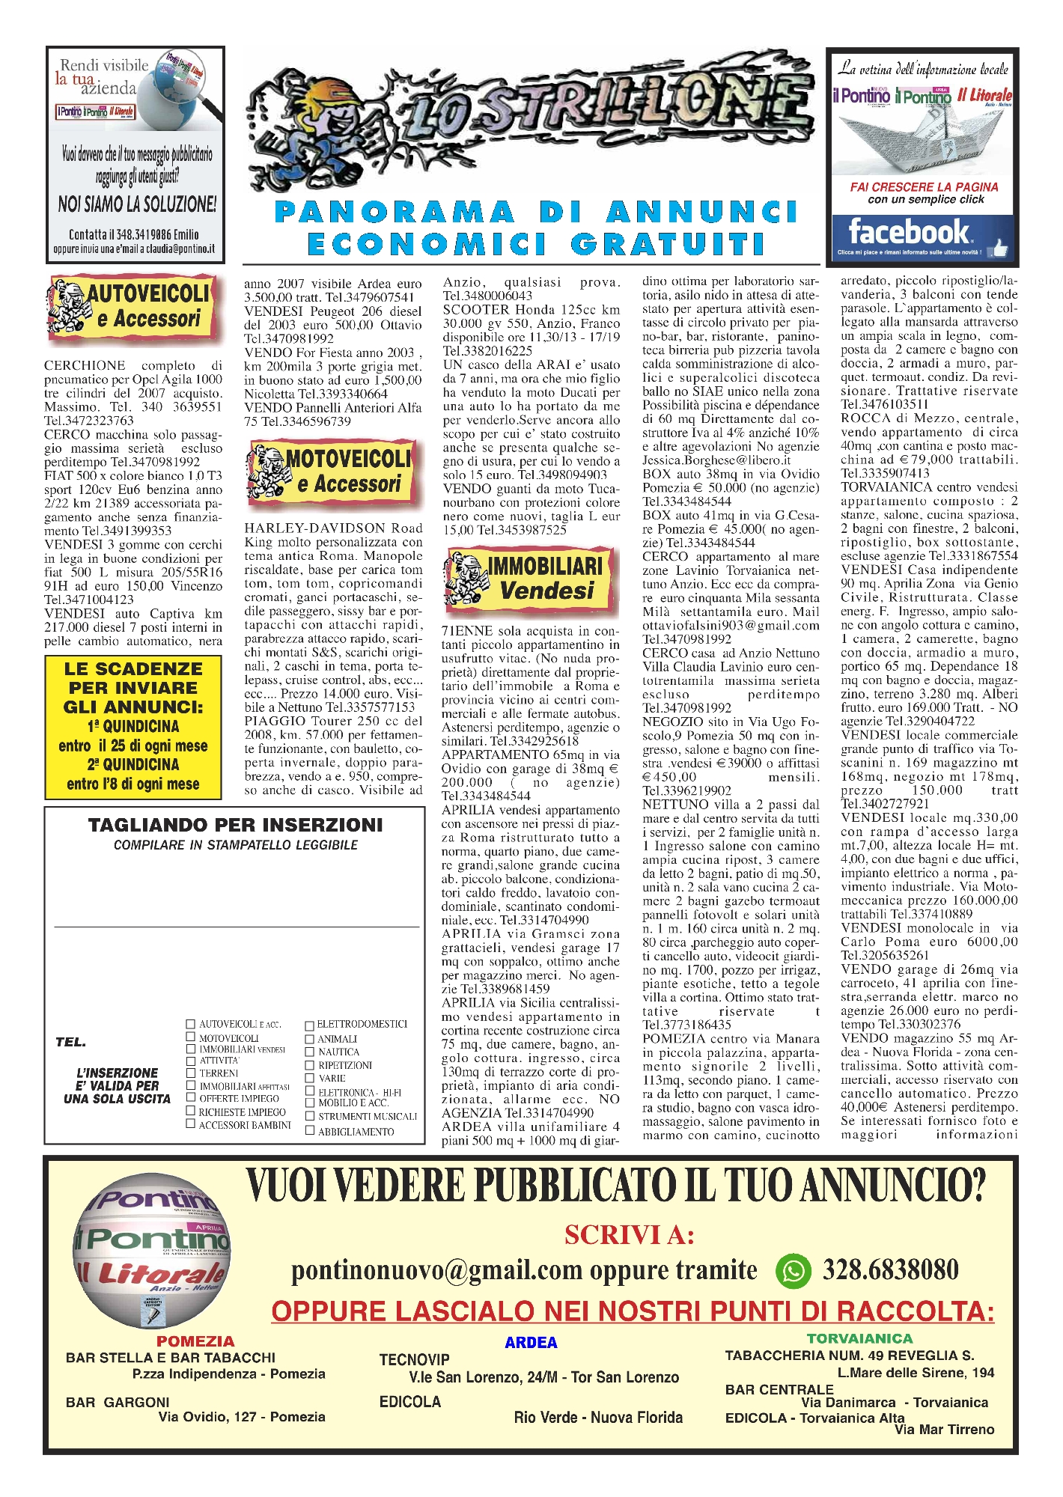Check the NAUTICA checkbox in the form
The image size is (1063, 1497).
[310, 1052]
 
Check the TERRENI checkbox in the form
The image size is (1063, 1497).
[190, 1073]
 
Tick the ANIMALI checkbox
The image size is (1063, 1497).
[310, 1038]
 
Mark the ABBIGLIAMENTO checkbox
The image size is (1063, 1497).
[310, 1130]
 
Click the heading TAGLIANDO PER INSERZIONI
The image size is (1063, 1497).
[235, 825]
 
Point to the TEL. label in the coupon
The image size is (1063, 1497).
[70, 1042]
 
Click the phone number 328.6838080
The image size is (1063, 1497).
[891, 1270]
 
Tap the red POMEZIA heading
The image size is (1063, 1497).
[195, 1341]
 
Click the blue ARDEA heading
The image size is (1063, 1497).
[531, 1343]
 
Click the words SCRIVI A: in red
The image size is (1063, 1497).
[630, 1234]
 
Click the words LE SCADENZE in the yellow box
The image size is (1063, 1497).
[133, 668]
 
